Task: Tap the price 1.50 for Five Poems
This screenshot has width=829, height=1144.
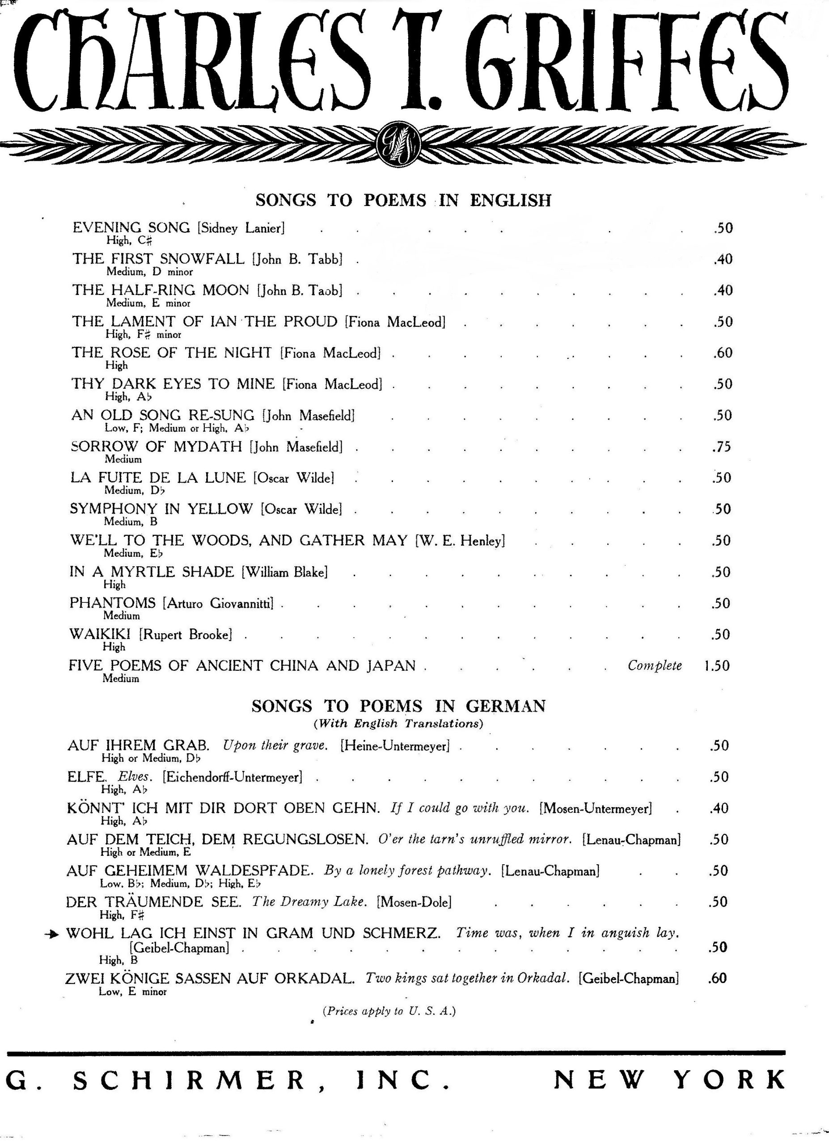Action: click(x=716, y=665)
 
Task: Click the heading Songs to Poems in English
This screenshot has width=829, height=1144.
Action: click(x=403, y=200)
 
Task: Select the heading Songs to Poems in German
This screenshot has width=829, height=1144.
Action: click(x=398, y=706)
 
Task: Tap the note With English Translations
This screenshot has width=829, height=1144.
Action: click(x=398, y=723)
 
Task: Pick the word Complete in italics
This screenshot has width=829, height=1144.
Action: click(x=655, y=665)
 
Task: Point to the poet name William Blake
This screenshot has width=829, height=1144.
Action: click(x=284, y=572)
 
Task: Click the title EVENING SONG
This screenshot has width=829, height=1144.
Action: click(x=131, y=227)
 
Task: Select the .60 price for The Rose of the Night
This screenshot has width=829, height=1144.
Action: click(x=723, y=353)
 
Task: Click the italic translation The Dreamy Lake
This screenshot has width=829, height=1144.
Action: click(x=308, y=901)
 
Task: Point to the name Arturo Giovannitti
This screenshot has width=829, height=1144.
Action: click(x=218, y=603)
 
